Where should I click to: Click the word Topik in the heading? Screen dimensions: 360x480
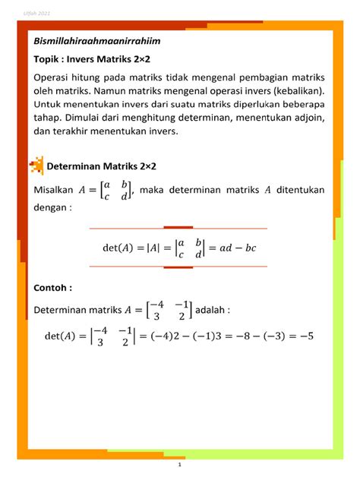click(46, 58)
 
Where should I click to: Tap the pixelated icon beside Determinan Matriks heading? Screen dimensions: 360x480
click(36, 165)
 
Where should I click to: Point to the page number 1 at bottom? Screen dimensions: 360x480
click(179, 463)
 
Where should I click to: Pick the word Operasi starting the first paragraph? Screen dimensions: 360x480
click(54, 78)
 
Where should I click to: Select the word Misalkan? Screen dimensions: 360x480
click(53, 190)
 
